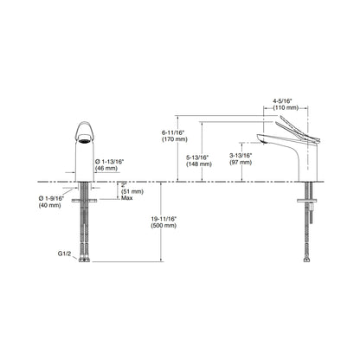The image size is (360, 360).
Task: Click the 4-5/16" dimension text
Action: [283, 101]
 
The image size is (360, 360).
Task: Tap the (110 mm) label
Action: [286, 108]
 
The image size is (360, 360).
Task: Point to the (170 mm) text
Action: [175, 139]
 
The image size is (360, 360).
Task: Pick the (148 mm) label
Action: [199, 164]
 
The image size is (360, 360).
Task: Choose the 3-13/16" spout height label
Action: [241, 156]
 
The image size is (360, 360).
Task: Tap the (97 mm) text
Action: [241, 163]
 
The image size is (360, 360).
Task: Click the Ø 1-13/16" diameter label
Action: [109, 162]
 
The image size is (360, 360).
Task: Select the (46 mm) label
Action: [106, 169]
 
